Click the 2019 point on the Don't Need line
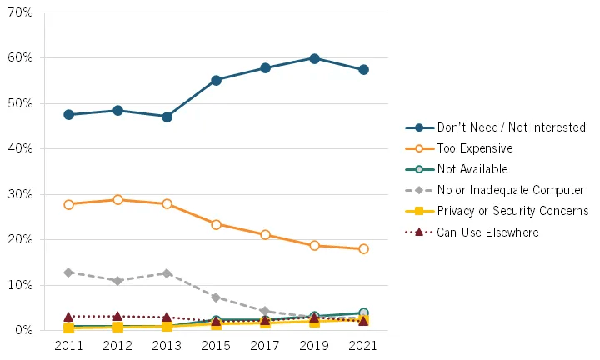[314, 58]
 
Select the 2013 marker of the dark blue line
[167, 117]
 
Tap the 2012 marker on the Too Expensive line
[117, 200]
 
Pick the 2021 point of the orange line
[363, 249]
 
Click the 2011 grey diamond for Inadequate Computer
[68, 272]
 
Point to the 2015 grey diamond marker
[216, 297]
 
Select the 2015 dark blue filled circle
[216, 80]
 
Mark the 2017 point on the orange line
[265, 235]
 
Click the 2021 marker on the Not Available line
[363, 313]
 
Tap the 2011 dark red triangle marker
[68, 317]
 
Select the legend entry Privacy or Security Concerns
[512, 211]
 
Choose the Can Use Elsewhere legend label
[487, 232]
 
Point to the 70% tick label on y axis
[22, 13]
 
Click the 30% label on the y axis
[22, 194]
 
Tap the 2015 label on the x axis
[216, 345]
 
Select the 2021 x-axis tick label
[363, 345]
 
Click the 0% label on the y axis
[25, 331]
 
